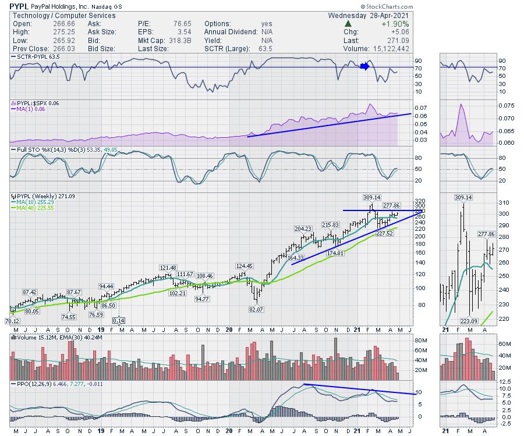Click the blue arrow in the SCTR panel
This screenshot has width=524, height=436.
click(x=364, y=66)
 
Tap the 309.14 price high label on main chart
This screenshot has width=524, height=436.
click(x=371, y=197)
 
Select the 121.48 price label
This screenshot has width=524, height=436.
click(x=167, y=267)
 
